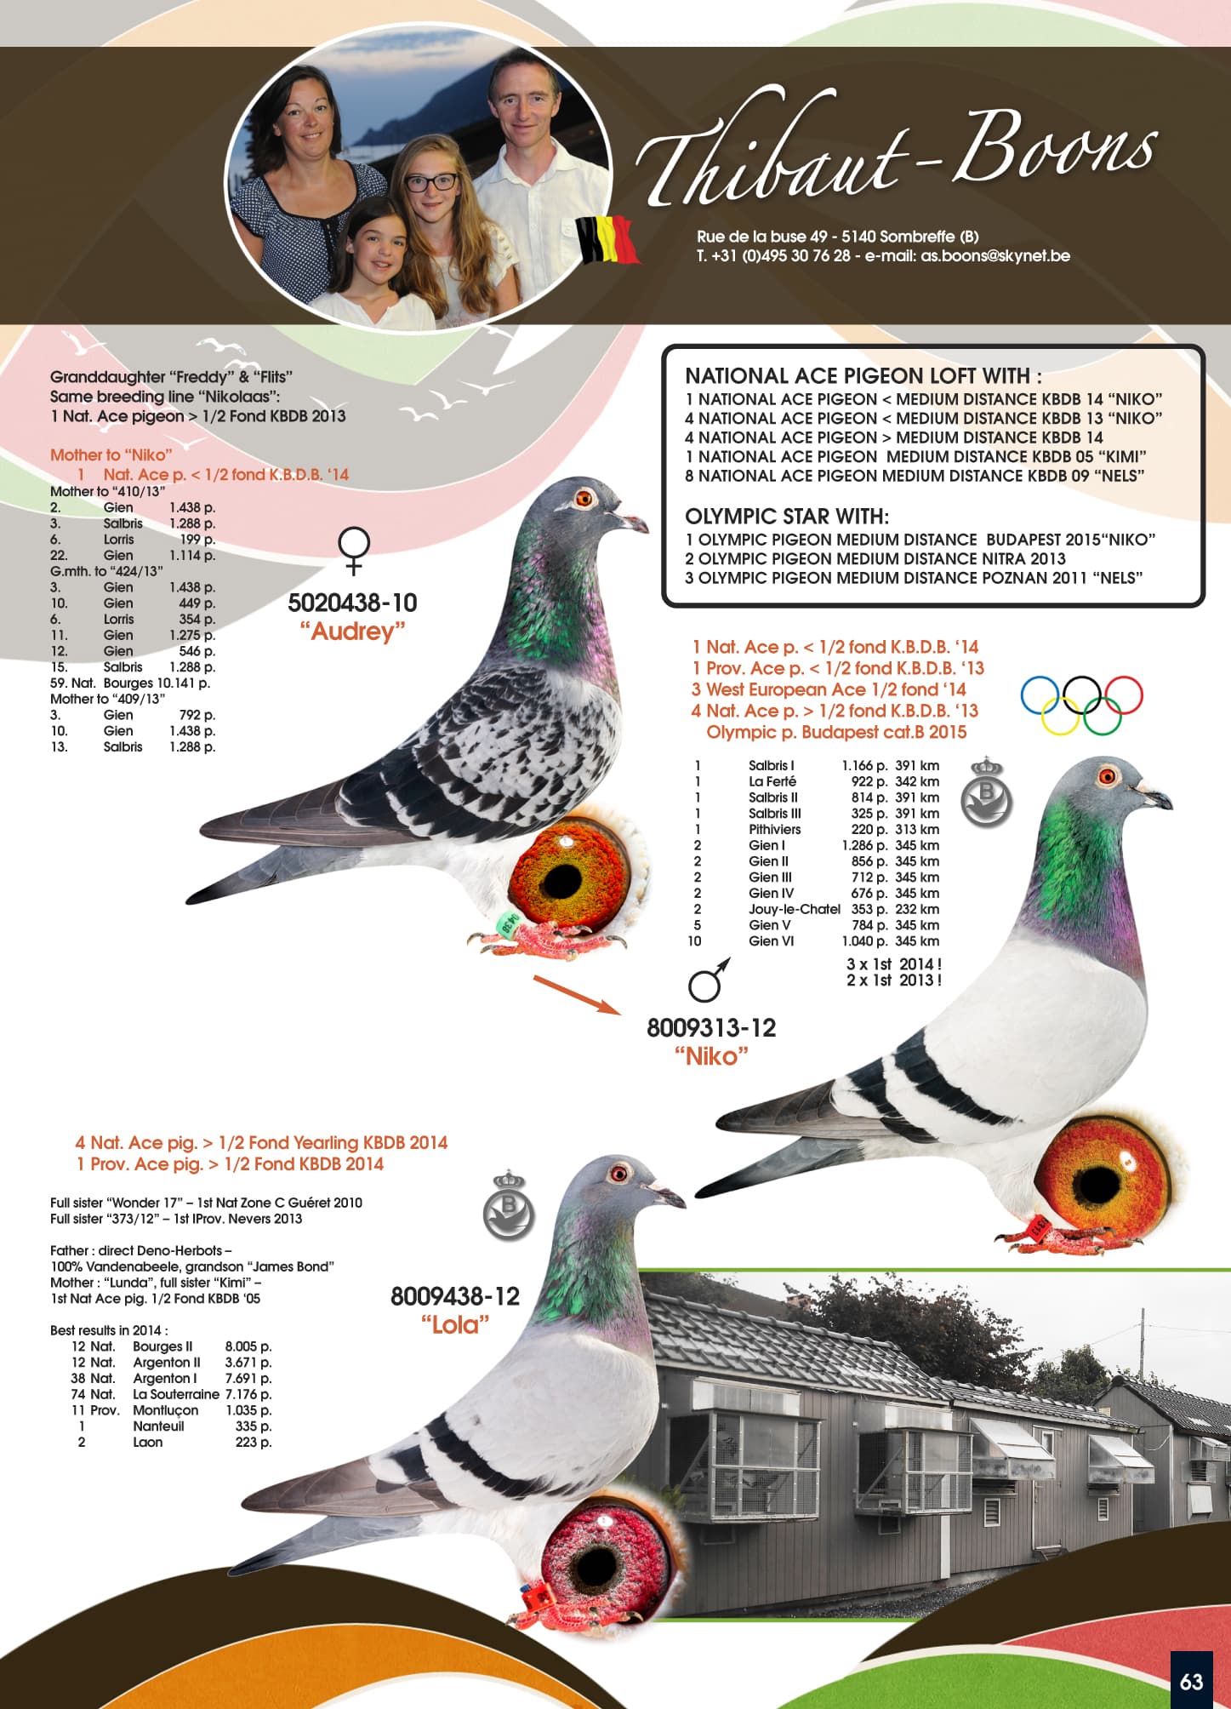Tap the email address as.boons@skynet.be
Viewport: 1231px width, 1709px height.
coord(994,256)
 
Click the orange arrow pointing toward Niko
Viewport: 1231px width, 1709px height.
coord(578,995)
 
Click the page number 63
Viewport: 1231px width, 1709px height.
coord(1191,1682)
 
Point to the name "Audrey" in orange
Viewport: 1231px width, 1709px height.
coord(352,632)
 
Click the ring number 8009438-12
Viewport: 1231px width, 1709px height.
coord(455,1296)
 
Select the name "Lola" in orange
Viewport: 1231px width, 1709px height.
coord(455,1325)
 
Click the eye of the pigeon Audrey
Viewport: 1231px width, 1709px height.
coord(584,498)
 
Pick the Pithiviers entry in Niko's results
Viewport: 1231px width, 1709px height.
coord(774,830)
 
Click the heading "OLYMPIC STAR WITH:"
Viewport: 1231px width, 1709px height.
coord(787,517)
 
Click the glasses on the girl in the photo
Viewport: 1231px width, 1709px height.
coord(431,182)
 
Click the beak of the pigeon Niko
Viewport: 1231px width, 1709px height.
coord(1156,797)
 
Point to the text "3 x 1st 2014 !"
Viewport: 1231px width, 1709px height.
coord(893,964)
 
